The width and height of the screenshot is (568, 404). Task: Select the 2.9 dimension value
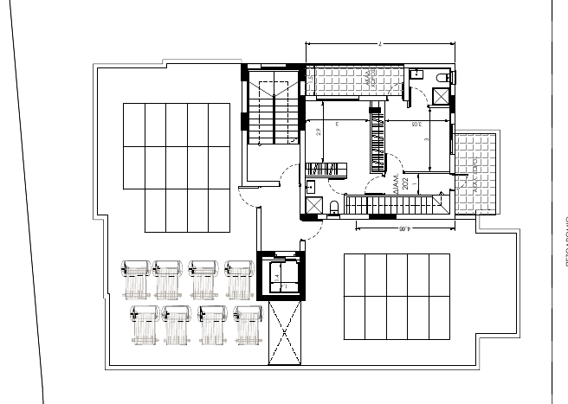319,131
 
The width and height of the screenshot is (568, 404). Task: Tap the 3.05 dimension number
416,125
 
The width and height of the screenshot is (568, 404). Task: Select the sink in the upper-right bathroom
416,74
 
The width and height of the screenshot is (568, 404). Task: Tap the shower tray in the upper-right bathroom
439,97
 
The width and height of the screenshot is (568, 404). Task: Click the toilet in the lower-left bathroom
332,205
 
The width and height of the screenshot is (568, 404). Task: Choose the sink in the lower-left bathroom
309,183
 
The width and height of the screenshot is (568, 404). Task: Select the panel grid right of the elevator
397,297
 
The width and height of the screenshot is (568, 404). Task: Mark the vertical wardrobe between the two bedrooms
376,138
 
